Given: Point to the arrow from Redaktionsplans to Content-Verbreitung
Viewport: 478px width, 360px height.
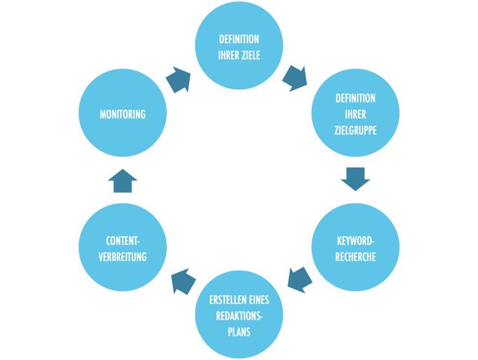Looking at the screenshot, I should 184,280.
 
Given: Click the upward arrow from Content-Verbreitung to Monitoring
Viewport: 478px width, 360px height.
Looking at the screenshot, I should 123,180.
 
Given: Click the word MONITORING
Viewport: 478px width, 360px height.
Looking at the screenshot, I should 122,114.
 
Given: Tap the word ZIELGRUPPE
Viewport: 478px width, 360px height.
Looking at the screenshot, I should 355,129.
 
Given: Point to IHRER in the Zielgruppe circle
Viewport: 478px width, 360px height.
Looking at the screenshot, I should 355,114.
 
